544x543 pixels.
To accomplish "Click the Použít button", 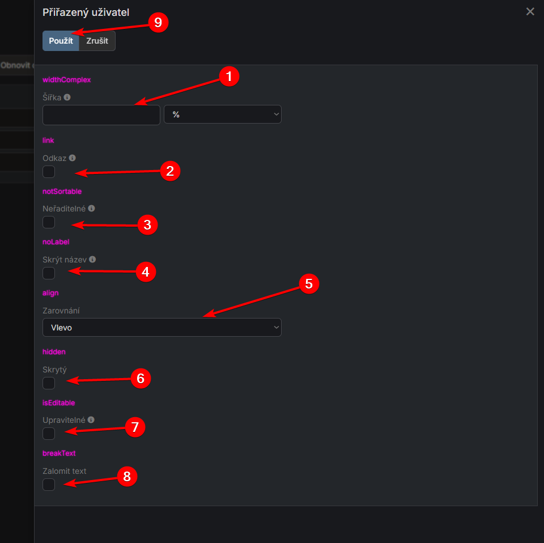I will pos(61,41).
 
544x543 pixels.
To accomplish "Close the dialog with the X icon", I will pos(530,11).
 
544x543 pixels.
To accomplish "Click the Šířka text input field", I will pos(101,114).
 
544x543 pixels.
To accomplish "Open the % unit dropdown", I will pos(222,114).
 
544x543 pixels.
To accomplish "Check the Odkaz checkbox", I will pos(49,172).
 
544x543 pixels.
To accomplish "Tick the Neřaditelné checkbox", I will pos(49,222).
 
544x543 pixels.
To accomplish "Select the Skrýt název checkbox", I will pos(49,273).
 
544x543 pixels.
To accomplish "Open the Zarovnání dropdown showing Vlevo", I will pos(161,328).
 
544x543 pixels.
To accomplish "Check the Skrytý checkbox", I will pos(49,383).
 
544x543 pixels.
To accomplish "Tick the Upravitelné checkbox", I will pos(49,434).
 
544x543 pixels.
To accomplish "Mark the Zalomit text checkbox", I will pos(49,485).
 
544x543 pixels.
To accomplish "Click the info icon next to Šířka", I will pos(67,97).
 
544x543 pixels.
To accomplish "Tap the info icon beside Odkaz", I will pos(72,158).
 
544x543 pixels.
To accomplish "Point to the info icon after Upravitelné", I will pos(91,420).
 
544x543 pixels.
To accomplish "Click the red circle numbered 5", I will pos(309,283).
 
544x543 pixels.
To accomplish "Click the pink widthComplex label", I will pos(67,80).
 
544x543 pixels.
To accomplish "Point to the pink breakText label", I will pos(59,453).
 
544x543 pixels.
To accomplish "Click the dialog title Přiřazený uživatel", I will pos(86,12).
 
